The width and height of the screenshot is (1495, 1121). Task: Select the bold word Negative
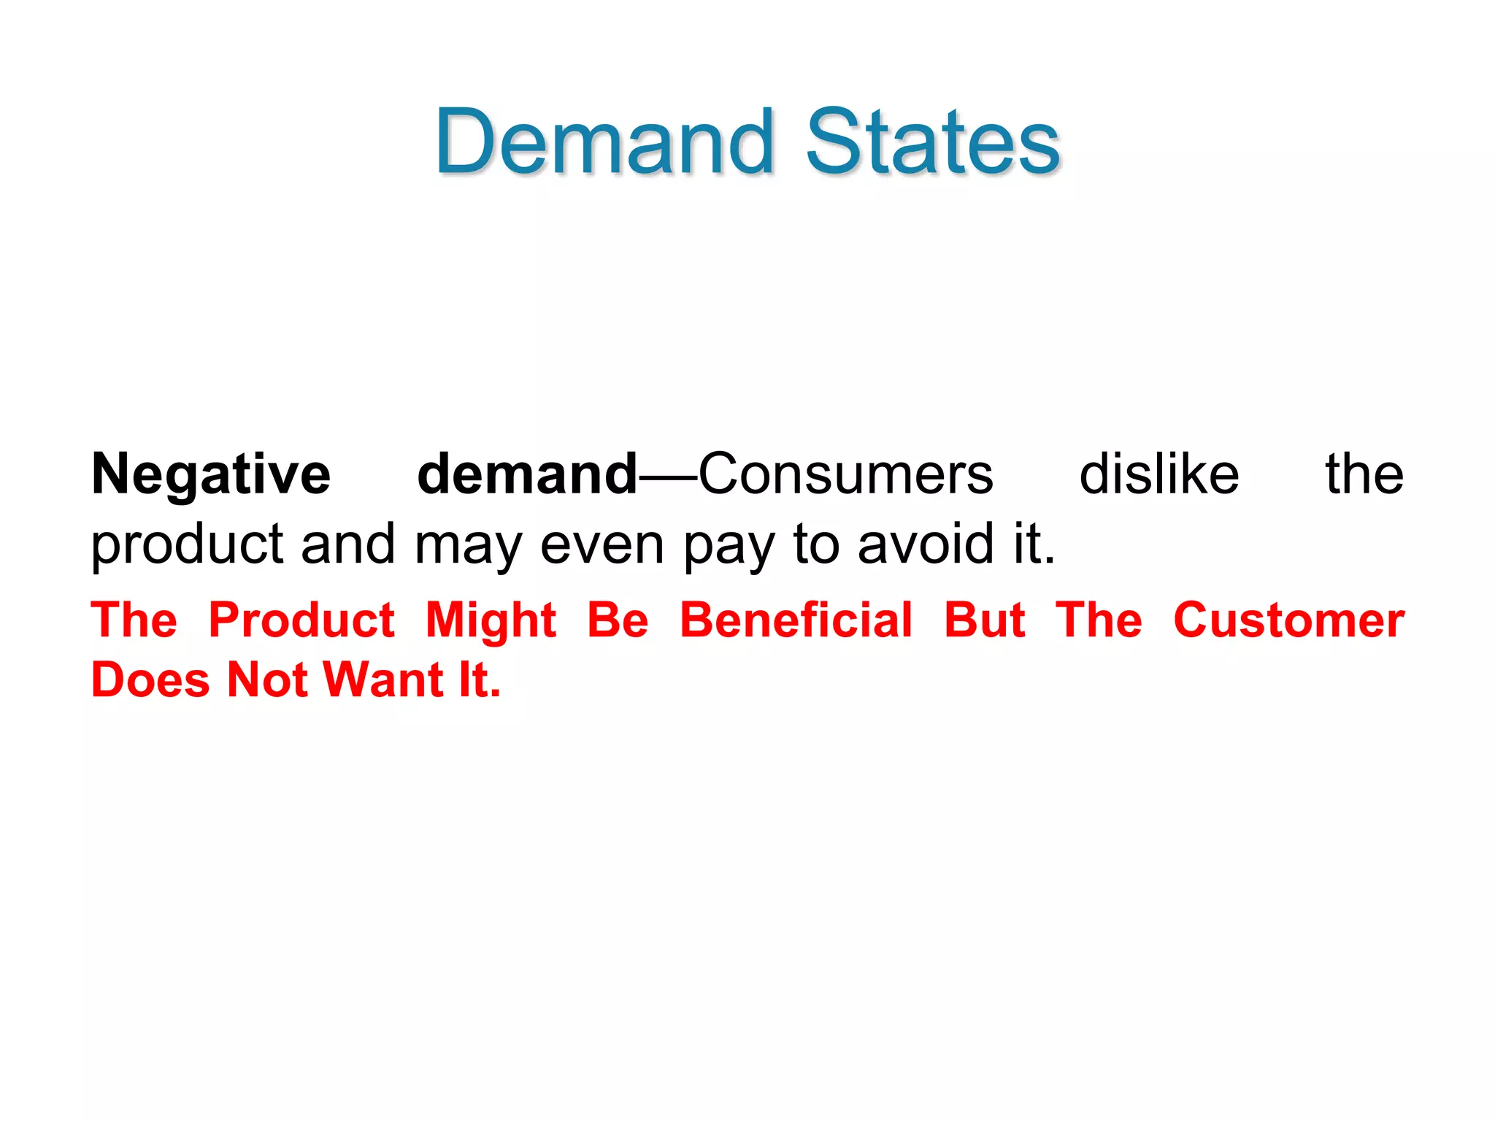tap(211, 474)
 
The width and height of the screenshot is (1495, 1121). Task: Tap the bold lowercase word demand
tap(527, 474)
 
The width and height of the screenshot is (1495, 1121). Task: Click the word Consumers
tap(845, 474)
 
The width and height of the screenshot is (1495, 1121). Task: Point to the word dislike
tap(1158, 474)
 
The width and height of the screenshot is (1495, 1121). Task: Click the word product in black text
tap(187, 544)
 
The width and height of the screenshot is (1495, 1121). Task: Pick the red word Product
tap(301, 620)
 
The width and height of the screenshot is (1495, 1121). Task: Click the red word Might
tap(491, 620)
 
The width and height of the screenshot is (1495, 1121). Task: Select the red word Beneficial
tap(796, 620)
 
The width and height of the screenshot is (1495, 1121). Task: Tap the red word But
tap(984, 620)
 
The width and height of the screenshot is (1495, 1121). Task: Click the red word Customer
tap(1288, 620)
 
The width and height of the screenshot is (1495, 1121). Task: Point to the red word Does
tap(150, 680)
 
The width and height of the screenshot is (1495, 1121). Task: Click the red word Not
tap(267, 680)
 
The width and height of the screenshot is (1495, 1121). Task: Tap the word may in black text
tap(467, 544)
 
